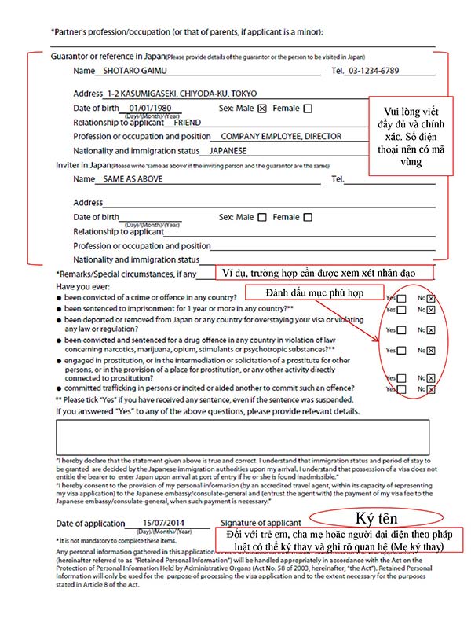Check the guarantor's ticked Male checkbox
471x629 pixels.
pyautogui.click(x=262, y=109)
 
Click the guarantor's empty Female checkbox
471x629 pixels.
pyautogui.click(x=307, y=109)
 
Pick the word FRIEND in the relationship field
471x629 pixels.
pyautogui.click(x=187, y=123)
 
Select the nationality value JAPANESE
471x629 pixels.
pyautogui.click(x=228, y=150)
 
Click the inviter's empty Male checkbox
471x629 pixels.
pyautogui.click(x=262, y=217)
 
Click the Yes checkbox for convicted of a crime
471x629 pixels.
pyautogui.click(x=401, y=298)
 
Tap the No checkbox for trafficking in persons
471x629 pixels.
pyautogui.click(x=431, y=388)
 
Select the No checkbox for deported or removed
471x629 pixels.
pyautogui.click(x=431, y=330)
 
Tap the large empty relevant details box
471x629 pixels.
pyautogui.click(x=243, y=437)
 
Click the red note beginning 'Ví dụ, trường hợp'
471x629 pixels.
pyautogui.click(x=325, y=273)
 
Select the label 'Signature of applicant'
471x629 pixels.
pyautogui.click(x=261, y=523)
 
